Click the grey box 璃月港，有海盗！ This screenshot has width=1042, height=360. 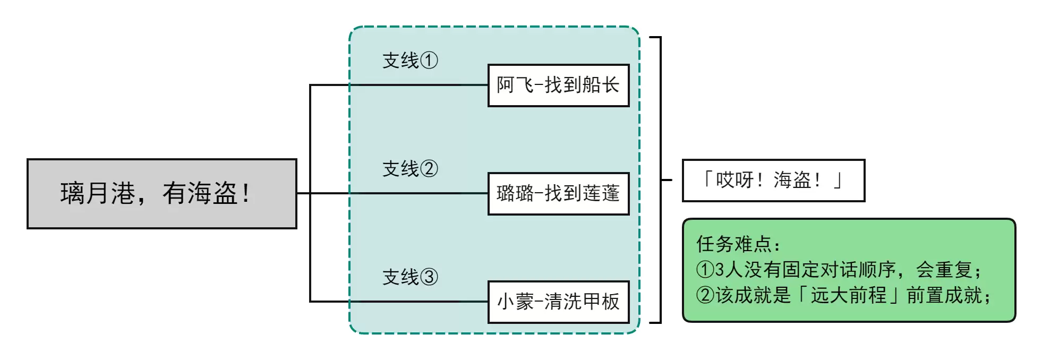[x=161, y=194]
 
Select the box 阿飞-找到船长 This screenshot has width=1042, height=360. [x=558, y=85]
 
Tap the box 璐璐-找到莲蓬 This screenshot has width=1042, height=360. [x=558, y=194]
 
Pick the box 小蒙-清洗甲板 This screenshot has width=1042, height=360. [x=558, y=302]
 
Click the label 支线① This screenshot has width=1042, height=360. [x=410, y=61]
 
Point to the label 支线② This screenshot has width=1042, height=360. [x=410, y=169]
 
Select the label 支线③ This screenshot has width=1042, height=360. [x=410, y=277]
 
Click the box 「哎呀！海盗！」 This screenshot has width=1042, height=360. [x=773, y=181]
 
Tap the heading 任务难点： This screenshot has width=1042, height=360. [x=738, y=244]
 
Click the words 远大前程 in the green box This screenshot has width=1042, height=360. [x=848, y=295]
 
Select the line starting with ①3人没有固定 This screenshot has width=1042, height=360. [x=839, y=270]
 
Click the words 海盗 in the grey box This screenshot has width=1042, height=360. [x=212, y=194]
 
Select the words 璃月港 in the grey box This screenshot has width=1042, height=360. [x=98, y=194]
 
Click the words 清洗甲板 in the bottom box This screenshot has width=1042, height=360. [x=582, y=302]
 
